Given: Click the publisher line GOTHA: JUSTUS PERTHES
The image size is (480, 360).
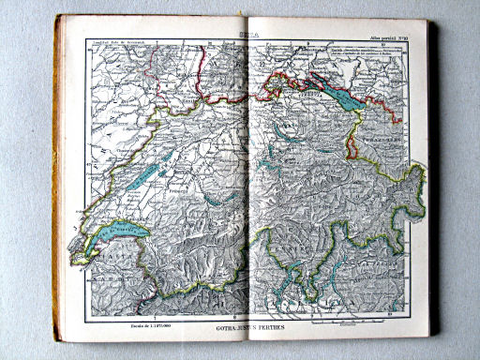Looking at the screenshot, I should pos(245,331).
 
